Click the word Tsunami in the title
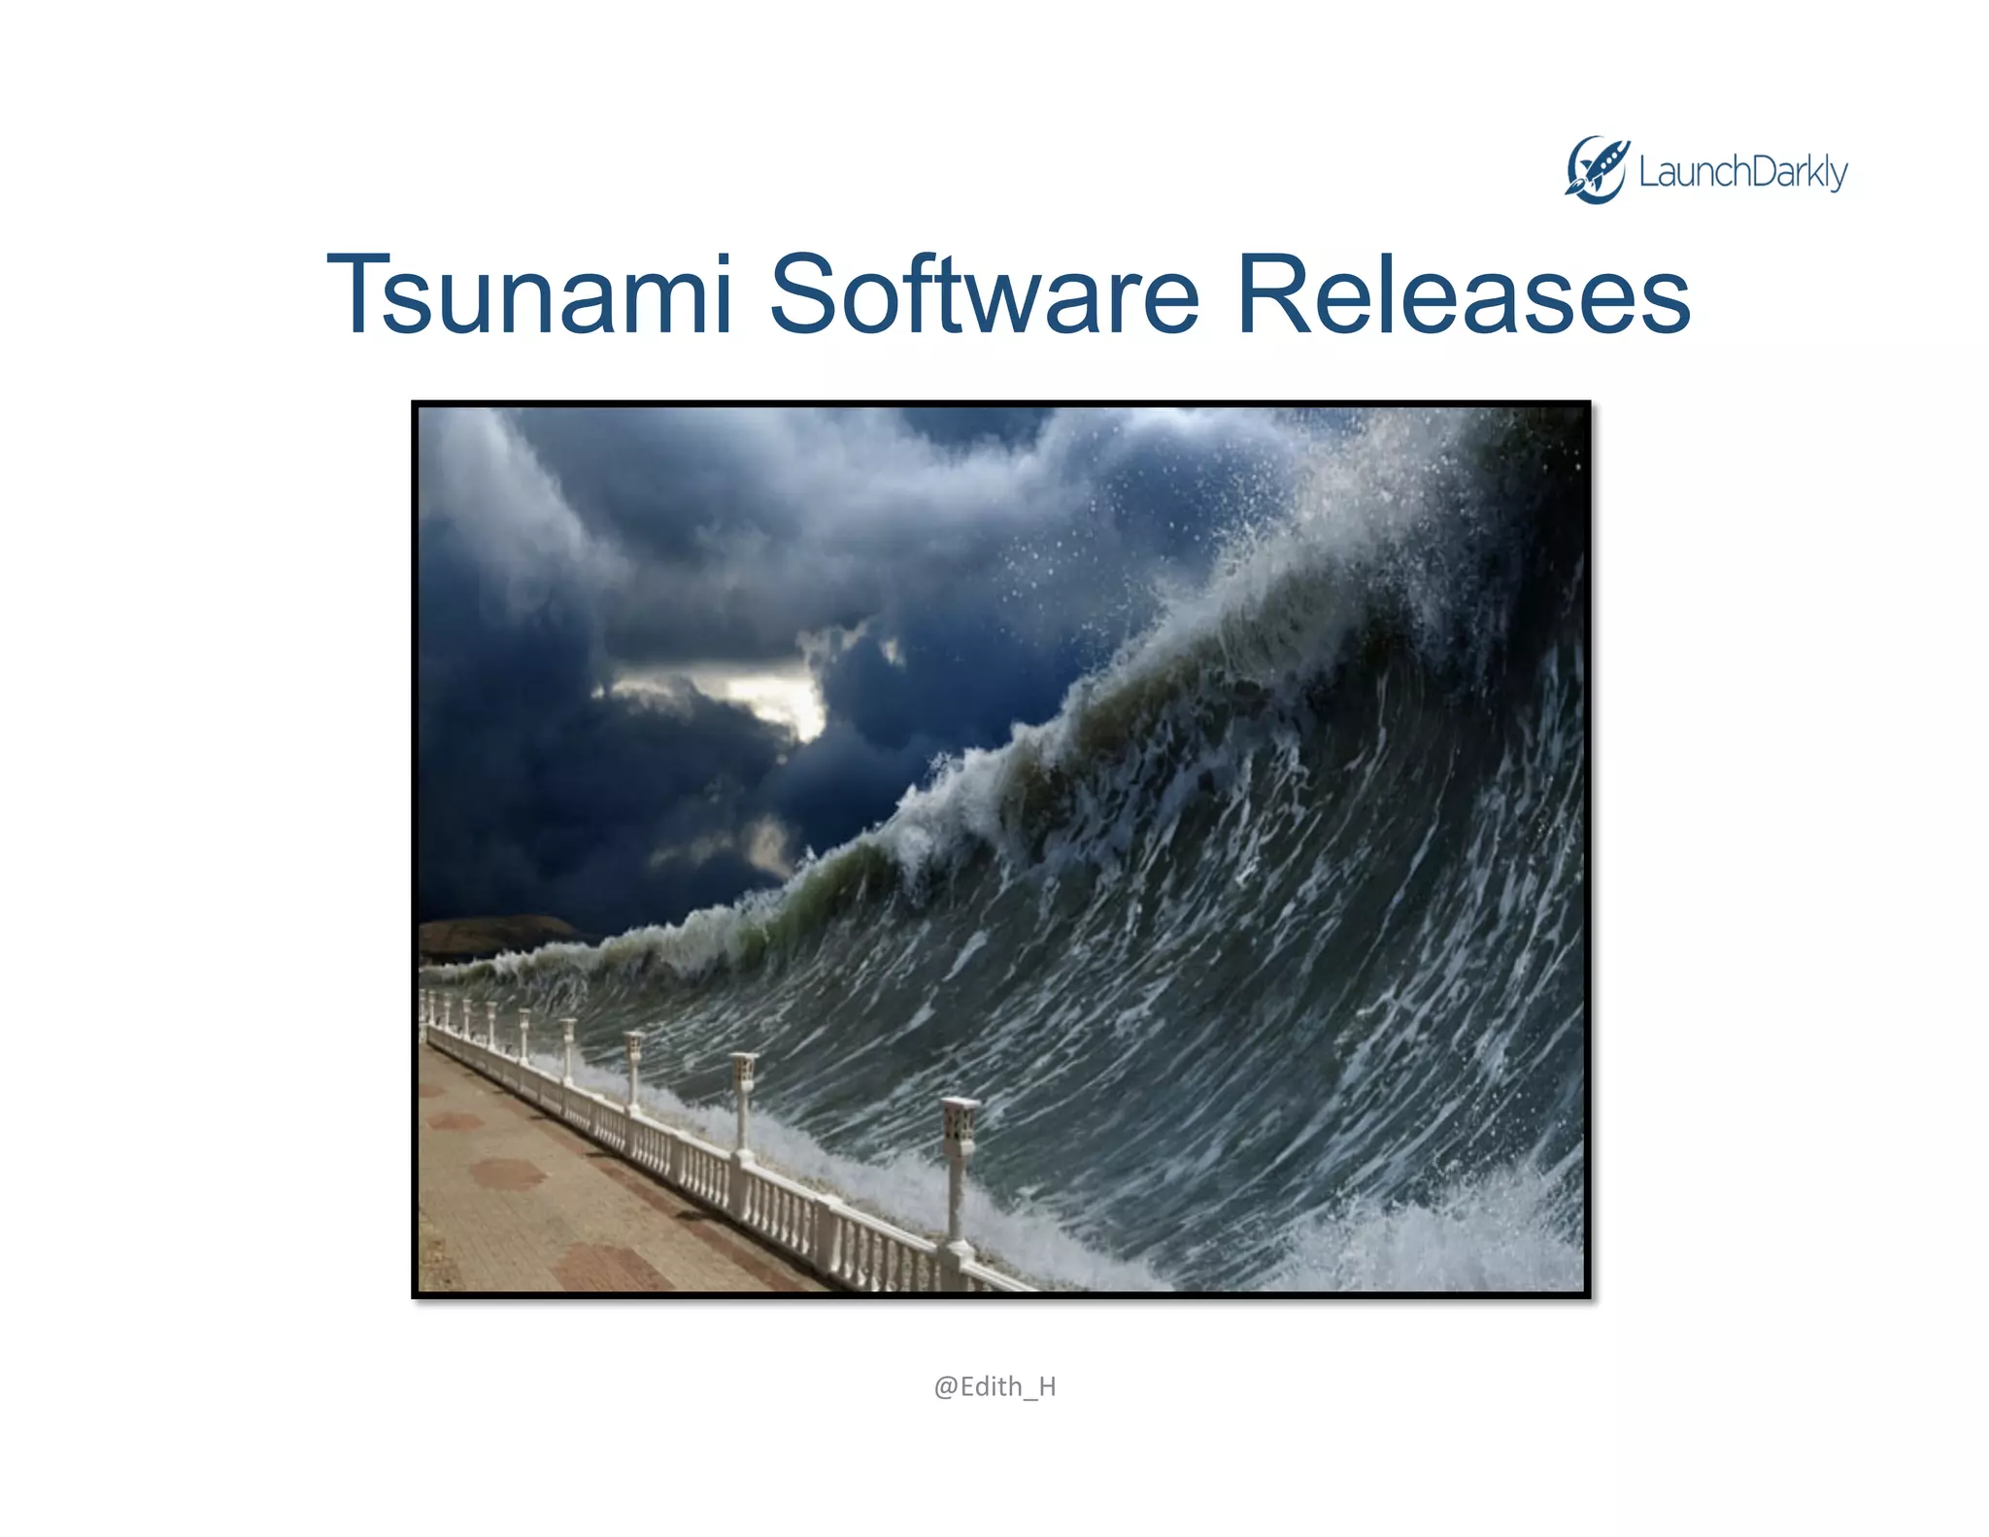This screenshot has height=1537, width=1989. coord(529,294)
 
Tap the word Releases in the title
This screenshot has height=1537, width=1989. coord(1463,294)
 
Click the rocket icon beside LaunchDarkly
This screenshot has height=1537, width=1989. coord(1596,170)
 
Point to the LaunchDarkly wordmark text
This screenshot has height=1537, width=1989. coord(1742,173)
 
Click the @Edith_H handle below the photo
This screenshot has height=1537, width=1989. coord(994,1386)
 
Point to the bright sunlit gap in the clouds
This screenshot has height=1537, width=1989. coord(777,695)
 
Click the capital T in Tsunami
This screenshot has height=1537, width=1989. coord(365,294)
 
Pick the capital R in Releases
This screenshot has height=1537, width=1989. coord(1274,294)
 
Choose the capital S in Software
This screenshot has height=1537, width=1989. coord(805,294)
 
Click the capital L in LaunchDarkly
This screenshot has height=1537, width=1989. coord(1648,172)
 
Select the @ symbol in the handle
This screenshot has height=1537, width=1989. coord(946,1386)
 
